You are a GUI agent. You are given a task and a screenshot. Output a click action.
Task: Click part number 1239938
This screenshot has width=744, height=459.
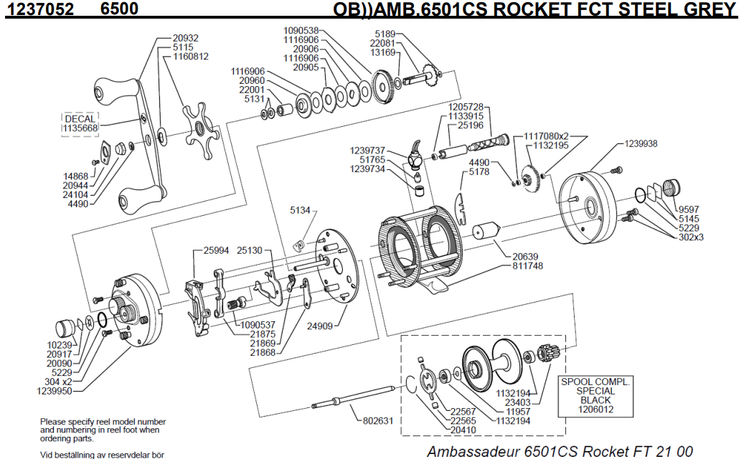point(641,143)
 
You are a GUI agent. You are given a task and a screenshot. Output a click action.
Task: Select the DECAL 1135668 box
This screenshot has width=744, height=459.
point(80,123)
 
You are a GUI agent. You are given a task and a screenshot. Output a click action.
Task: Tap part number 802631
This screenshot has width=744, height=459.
point(377,421)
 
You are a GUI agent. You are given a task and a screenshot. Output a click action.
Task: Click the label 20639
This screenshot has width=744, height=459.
point(525,257)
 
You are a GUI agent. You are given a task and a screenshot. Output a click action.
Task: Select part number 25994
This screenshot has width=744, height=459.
point(216,251)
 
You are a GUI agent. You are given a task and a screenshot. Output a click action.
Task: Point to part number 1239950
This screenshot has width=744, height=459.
point(55,391)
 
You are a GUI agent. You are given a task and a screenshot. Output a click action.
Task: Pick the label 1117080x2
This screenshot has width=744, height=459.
point(546,136)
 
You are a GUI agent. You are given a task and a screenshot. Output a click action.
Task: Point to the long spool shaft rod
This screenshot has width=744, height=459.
point(355,397)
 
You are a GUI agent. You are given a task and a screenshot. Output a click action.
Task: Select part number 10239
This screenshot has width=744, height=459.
point(59,344)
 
